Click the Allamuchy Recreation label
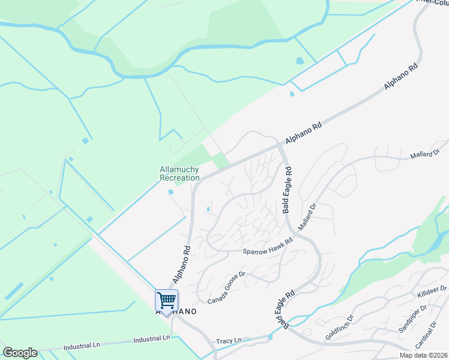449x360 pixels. (179, 173)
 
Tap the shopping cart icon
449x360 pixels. (166, 299)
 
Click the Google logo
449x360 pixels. (20, 353)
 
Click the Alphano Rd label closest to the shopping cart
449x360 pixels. (181, 264)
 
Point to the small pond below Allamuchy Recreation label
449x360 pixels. (171, 192)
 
